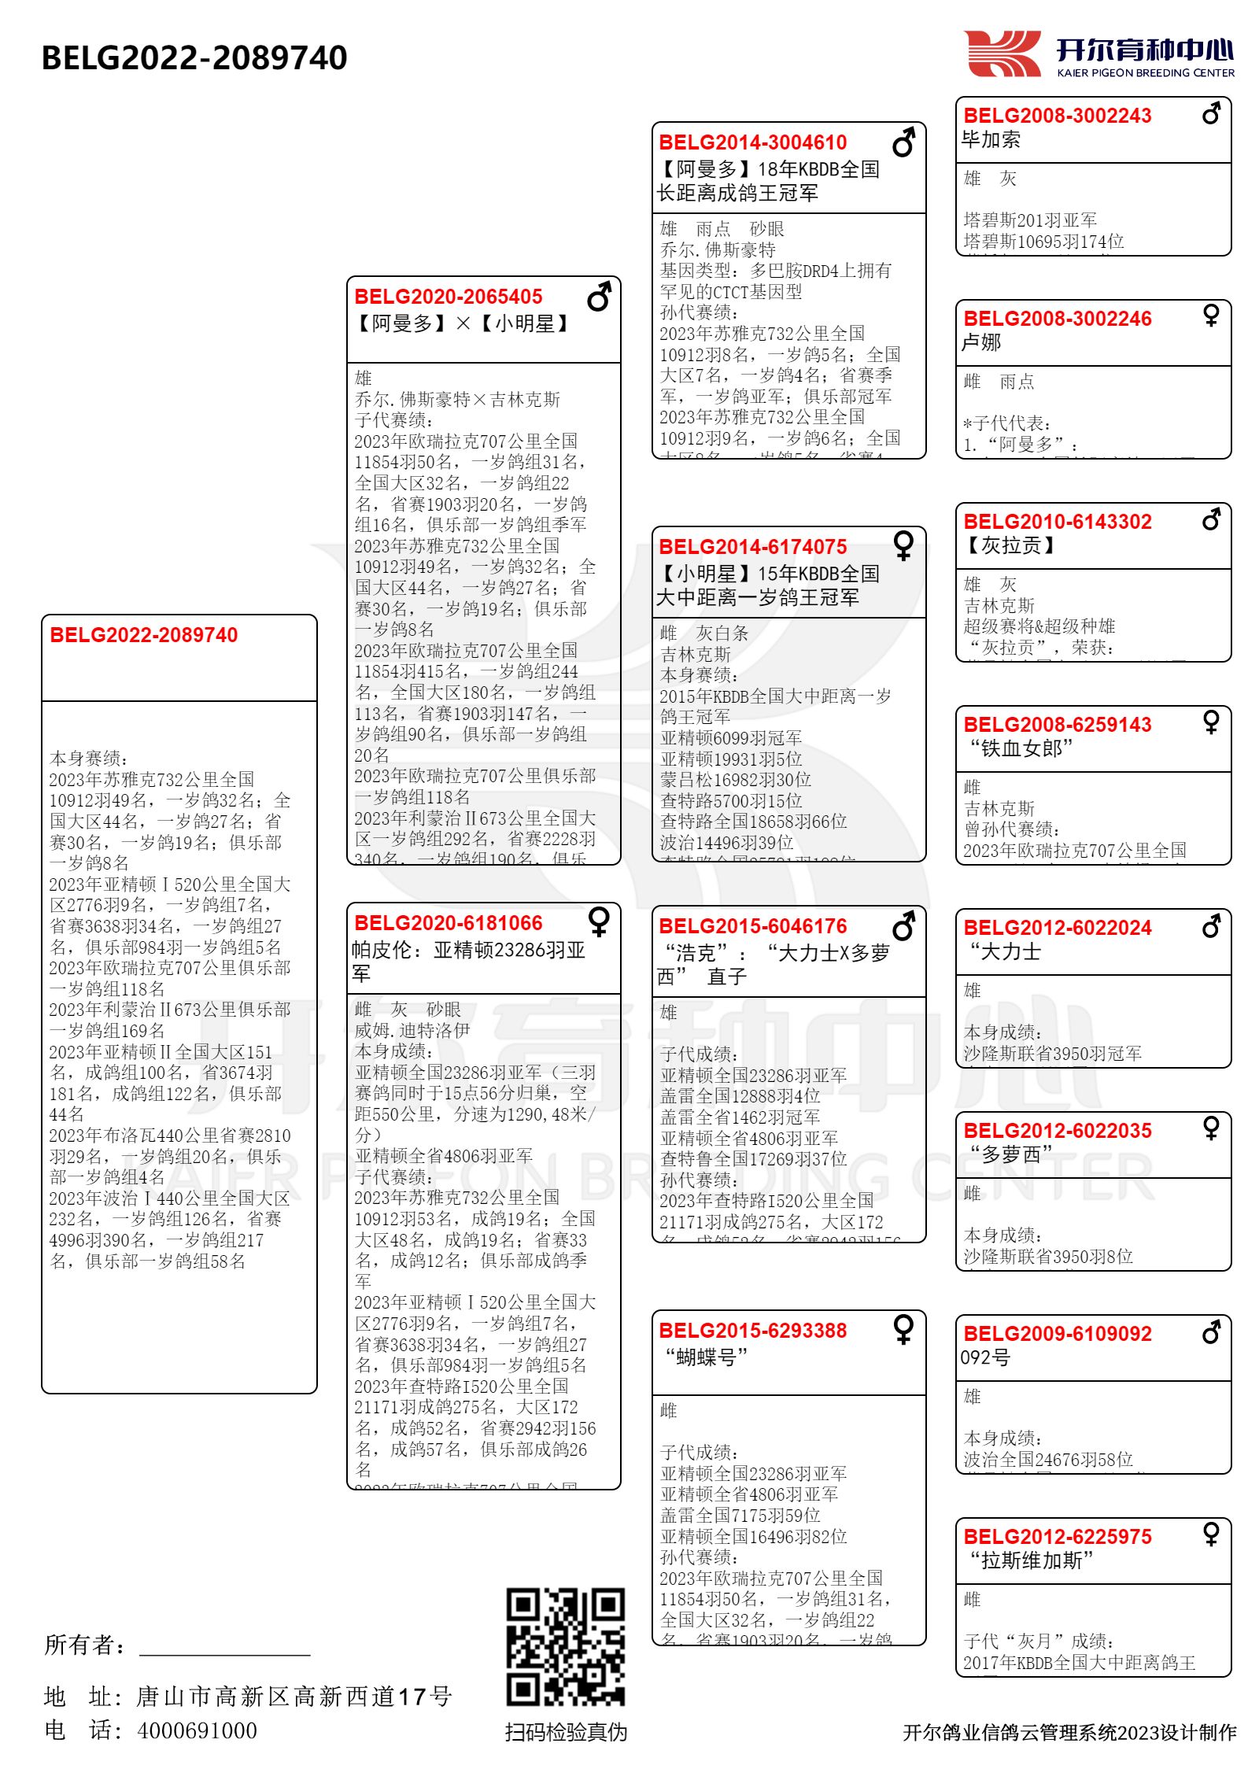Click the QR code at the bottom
click(565, 1646)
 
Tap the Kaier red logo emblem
click(1002, 54)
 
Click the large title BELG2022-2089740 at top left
click(194, 57)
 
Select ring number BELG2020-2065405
click(449, 297)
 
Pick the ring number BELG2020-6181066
click(449, 923)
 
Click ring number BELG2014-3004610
click(753, 142)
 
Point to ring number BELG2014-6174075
click(753, 547)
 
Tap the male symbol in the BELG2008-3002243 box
click(1211, 113)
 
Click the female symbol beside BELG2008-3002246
click(1211, 316)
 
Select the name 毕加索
click(991, 140)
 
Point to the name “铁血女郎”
click(1021, 748)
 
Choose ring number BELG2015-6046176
click(753, 926)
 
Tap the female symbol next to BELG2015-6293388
click(903, 1329)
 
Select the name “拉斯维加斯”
click(1031, 1560)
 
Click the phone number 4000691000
click(197, 1730)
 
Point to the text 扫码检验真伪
click(566, 1732)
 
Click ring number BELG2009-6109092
click(1058, 1334)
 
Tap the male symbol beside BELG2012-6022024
click(1211, 926)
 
